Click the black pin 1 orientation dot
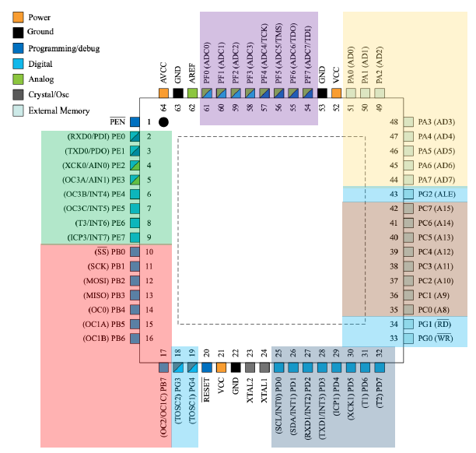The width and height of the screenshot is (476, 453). [x=163, y=122]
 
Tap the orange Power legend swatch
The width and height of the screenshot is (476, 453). [x=18, y=17]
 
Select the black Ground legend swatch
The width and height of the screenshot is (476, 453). [x=18, y=33]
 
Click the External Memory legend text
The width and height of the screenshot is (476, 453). [x=59, y=111]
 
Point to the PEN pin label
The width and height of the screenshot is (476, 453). [x=117, y=121]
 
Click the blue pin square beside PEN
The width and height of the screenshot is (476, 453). [x=135, y=122]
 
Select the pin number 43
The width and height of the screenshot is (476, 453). [x=394, y=194]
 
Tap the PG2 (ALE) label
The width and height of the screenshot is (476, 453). [x=436, y=194]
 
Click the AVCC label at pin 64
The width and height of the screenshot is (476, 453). [x=163, y=73]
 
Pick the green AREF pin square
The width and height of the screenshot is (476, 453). [x=192, y=93]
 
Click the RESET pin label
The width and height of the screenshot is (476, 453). [x=206, y=390]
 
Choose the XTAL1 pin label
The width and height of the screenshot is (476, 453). [x=264, y=390]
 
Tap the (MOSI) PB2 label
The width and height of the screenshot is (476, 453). [x=104, y=281]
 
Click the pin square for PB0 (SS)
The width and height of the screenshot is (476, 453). [x=135, y=252]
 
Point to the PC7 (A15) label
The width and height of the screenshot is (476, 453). [x=436, y=209]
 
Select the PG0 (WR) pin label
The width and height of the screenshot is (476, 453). [x=436, y=338]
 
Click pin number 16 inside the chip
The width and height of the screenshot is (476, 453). [x=149, y=338]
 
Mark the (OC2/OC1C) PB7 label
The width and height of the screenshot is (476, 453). [x=163, y=407]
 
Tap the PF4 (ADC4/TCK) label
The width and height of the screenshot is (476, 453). [x=264, y=54]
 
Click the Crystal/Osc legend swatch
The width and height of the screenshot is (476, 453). [x=18, y=94]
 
